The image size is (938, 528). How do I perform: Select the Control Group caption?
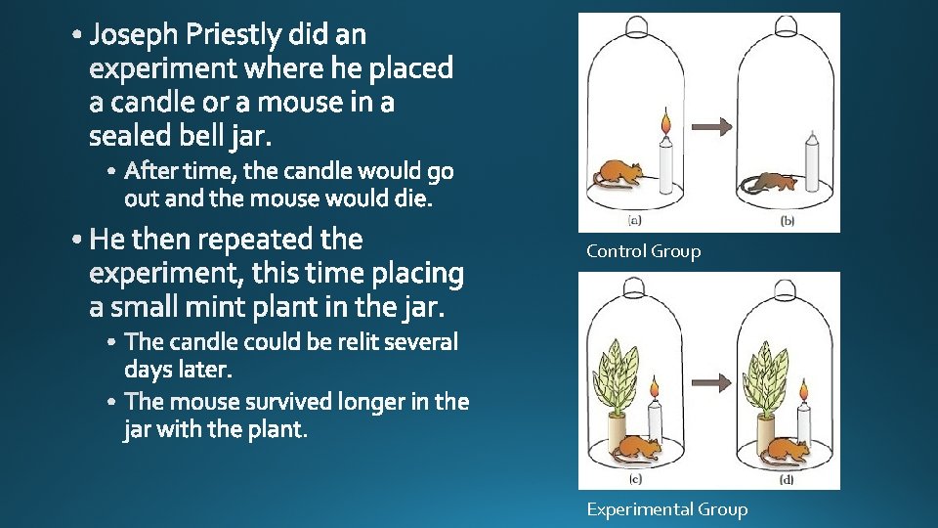click(643, 251)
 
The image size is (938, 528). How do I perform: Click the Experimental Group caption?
click(666, 508)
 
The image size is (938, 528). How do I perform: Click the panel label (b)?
click(788, 221)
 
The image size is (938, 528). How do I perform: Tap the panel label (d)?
click(787, 479)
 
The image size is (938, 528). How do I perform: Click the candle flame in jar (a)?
click(666, 125)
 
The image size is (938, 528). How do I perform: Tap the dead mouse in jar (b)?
click(769, 182)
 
